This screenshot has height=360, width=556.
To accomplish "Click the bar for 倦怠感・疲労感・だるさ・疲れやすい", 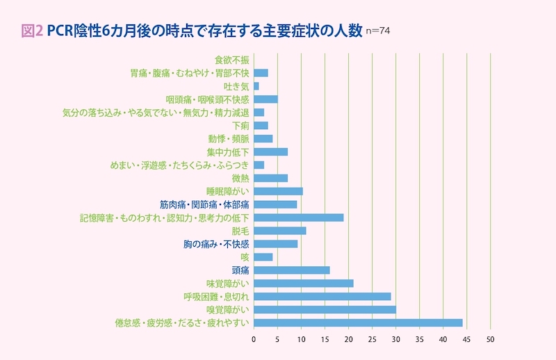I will tap(358, 322).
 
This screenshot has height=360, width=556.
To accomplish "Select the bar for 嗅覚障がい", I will tap(325, 309).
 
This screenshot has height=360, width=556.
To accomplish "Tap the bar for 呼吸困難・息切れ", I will tap(322, 296).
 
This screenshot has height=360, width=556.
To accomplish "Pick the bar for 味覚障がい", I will tap(304, 283).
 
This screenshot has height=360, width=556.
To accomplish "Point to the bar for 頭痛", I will tap(292, 270).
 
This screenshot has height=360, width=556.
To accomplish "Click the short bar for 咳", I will tap(263, 256).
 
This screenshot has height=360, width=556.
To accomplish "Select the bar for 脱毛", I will tap(280, 231).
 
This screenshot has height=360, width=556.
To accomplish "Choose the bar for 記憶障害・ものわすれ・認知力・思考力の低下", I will tap(299, 218).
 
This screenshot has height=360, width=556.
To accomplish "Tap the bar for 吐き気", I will tap(256, 86).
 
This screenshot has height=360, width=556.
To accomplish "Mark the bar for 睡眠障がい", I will tap(278, 191).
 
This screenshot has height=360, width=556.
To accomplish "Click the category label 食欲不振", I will tap(232, 60).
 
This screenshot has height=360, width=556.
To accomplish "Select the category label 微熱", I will tap(240, 178).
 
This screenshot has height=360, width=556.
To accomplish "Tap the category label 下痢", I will tap(240, 126).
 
